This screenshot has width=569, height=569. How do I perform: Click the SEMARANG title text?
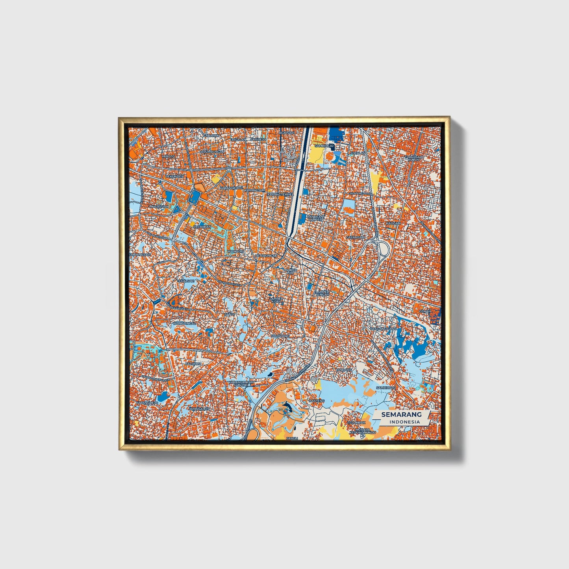pyautogui.click(x=401, y=414)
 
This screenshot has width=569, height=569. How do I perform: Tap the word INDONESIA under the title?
pyautogui.click(x=404, y=422)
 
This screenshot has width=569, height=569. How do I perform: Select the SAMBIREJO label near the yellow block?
pyautogui.click(x=324, y=146)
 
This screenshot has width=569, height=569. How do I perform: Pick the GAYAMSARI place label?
pyautogui.click(x=355, y=237)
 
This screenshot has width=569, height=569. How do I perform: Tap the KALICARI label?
pyautogui.click(x=393, y=223)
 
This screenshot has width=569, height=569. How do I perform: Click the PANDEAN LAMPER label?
pyautogui.click(x=315, y=218)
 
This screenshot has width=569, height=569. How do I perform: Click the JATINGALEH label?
pyautogui.click(x=199, y=409)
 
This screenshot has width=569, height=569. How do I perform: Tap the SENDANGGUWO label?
pyautogui.click(x=384, y=328)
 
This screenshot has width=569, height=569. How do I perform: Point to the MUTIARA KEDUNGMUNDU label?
pyautogui.click(x=363, y=431)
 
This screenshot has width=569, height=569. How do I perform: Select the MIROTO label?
pyautogui.click(x=168, y=156)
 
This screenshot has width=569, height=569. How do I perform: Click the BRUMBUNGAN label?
pyautogui.click(x=212, y=152)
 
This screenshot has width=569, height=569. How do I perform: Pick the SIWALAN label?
pyautogui.click(x=358, y=153)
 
